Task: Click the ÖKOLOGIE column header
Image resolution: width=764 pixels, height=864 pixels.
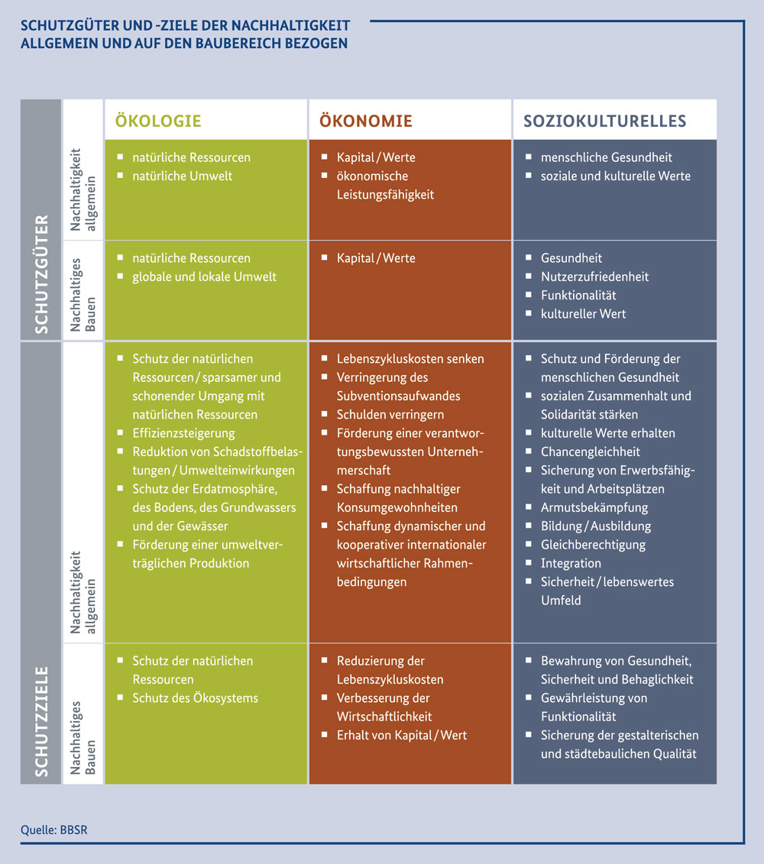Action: (158, 121)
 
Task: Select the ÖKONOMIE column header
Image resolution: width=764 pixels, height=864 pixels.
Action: (365, 121)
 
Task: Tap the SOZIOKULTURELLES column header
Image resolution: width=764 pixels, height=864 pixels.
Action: (604, 121)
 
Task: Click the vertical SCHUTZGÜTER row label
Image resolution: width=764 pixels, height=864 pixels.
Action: (41, 273)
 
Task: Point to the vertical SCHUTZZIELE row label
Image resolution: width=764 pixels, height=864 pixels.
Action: (41, 722)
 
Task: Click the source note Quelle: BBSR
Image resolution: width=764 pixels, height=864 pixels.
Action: (54, 830)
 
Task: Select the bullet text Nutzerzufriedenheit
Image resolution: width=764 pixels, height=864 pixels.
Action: (594, 277)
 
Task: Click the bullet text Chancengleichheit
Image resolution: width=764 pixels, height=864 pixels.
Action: (590, 451)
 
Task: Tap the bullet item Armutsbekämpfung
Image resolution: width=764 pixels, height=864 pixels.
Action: (594, 507)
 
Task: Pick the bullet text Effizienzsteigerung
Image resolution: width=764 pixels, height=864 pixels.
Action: (183, 433)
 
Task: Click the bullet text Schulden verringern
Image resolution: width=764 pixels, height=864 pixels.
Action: (390, 414)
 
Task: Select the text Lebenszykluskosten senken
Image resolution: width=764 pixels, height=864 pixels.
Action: (410, 359)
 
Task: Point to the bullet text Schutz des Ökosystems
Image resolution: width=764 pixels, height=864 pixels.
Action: (195, 698)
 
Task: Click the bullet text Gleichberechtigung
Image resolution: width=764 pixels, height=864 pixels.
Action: (593, 545)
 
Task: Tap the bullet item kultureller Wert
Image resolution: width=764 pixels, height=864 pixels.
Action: (583, 313)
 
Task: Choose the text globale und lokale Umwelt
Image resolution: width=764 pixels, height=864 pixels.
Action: (204, 277)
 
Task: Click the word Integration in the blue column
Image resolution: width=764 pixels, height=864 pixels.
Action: (571, 563)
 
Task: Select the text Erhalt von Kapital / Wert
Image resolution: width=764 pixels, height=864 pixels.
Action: (402, 735)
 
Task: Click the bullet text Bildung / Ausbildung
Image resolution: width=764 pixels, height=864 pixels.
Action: (596, 526)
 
